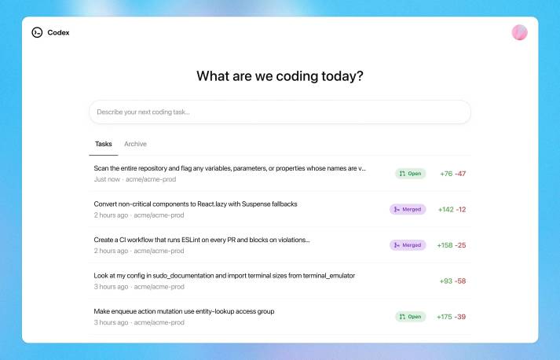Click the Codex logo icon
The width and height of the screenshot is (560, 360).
pos(37,32)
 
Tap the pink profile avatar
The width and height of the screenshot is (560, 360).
pos(519,32)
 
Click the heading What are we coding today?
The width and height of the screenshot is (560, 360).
pos(280,76)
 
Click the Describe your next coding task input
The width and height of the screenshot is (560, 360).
pos(280,112)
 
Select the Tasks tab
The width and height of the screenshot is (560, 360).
pos(103,144)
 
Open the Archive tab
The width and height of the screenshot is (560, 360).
pos(135,144)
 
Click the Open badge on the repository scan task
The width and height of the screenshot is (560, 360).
pos(410,174)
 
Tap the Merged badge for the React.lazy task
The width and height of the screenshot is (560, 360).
pos(408,209)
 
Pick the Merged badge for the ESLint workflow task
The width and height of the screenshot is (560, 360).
pos(408,245)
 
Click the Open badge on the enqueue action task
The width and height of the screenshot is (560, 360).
pos(410,317)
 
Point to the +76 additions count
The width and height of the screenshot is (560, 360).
pos(445,174)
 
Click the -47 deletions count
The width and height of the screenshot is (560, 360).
pos(461,174)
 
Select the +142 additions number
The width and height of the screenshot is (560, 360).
pos(445,210)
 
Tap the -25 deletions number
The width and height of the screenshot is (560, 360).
pos(461,245)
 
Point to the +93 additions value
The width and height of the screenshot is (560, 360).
pos(445,281)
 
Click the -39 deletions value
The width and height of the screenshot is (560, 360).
pos(461,317)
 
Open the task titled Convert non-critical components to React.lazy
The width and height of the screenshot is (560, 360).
pos(195,204)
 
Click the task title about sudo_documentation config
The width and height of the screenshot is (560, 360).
pos(224,276)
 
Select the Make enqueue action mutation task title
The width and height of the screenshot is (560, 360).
pos(184,311)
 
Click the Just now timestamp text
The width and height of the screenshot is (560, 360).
pos(107,179)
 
